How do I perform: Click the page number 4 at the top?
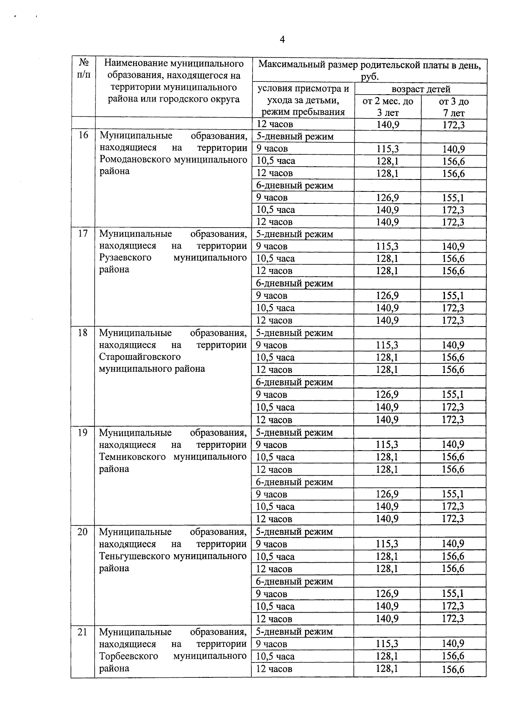pos(282,40)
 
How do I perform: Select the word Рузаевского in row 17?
pos(125,258)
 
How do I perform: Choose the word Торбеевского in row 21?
pos(128,656)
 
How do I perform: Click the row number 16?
pos(83,136)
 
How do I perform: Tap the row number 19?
pos(83,433)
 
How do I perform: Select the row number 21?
pos(83,632)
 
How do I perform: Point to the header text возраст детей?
pos(421,90)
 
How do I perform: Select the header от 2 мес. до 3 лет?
pos(387,107)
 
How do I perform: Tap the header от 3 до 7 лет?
pos(454,107)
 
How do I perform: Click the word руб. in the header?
pos(369,77)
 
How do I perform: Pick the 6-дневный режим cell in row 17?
pos(294,283)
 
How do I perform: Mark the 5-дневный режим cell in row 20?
pos(294,532)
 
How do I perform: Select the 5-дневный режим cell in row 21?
pos(294,632)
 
